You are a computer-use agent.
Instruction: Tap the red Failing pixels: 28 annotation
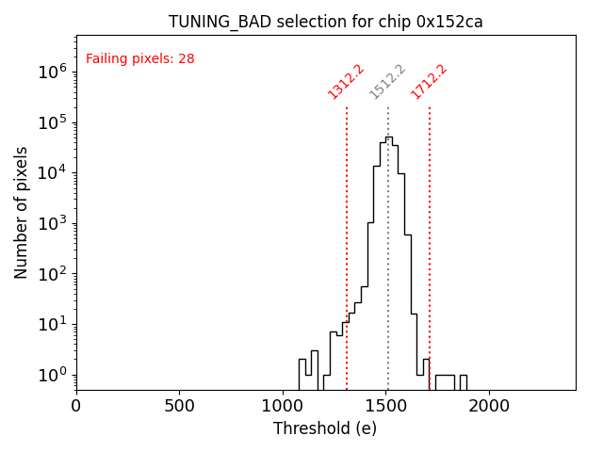coord(139,58)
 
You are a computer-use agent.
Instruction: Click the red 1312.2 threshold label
coord(346,81)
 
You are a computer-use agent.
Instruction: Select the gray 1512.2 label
coord(387,81)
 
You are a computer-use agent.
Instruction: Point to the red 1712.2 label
coord(429,81)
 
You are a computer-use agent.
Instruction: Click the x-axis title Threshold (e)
coord(325,428)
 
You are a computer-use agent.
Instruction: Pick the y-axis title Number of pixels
coord(22,213)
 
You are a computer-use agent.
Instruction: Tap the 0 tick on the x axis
coord(76,406)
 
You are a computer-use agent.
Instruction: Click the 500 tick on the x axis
coord(180,406)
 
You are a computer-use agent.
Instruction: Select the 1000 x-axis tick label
coord(284,406)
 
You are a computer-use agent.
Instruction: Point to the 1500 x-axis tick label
coord(387,406)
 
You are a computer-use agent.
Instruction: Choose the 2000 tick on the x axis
coord(491,406)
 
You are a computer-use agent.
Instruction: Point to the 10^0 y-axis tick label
coord(52,375)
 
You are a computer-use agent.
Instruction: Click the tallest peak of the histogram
coord(388,137)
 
